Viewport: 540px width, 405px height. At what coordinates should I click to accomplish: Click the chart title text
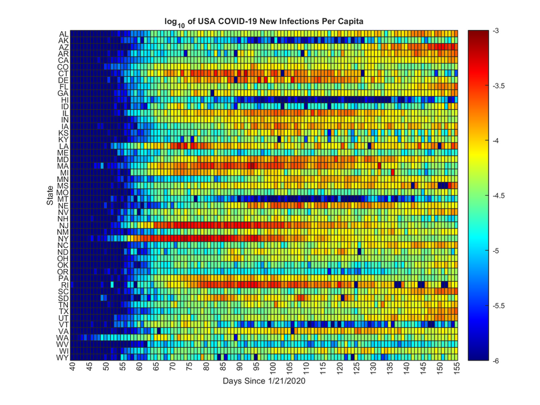264,22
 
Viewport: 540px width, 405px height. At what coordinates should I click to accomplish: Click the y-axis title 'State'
49,195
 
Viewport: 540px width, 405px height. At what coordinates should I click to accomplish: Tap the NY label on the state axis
63,239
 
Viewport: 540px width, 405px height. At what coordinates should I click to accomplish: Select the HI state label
64,100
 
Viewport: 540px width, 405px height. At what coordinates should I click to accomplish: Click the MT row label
63,199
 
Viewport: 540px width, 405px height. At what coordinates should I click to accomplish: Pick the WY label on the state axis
62,358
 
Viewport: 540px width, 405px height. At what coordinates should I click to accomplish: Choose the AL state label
64,34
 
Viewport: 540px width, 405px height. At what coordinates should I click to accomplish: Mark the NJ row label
64,226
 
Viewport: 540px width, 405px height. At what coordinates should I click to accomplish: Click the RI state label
64,285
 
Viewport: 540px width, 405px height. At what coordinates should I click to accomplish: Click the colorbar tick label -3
496,31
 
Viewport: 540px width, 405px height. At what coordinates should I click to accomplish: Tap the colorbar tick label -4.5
499,196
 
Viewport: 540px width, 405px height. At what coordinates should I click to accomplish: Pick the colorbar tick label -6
496,360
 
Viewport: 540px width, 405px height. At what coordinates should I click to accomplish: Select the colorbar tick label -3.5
499,86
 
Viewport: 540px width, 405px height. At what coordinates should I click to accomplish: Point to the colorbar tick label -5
496,251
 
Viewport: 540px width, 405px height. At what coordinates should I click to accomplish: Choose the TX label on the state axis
64,312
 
